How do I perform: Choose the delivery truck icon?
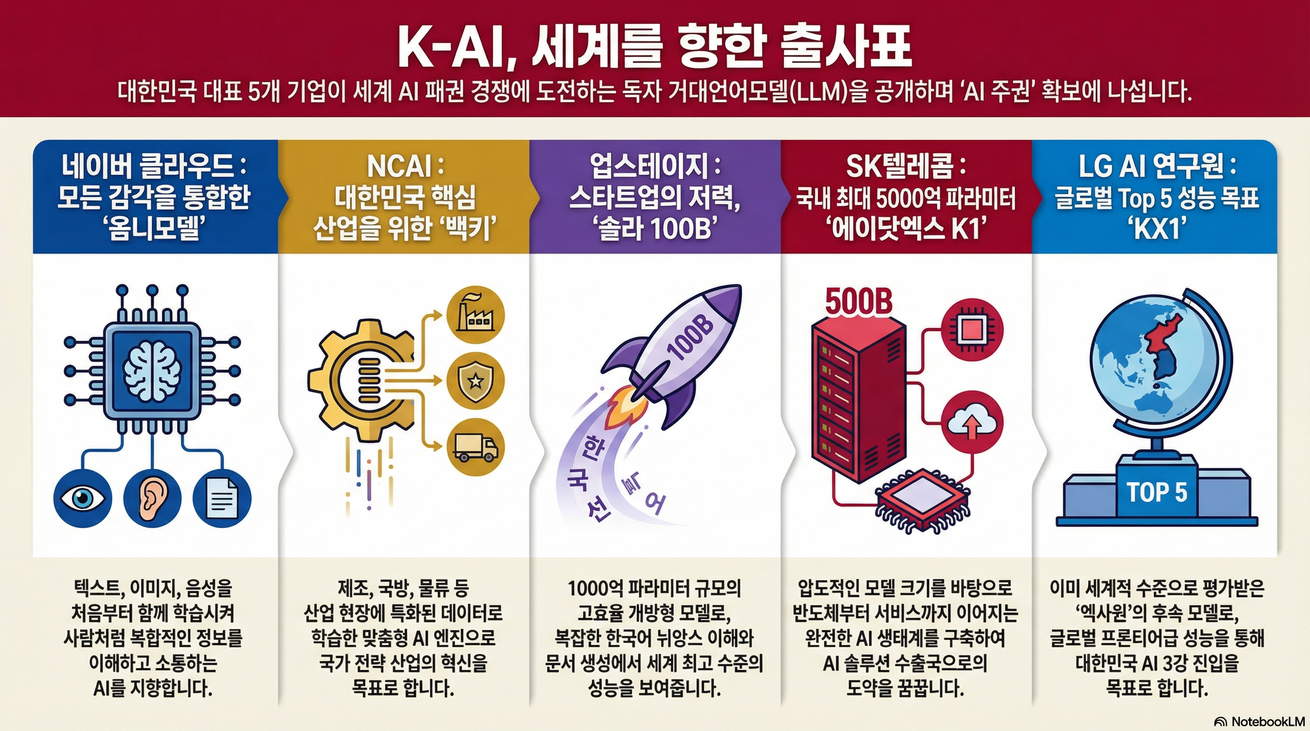pyautogui.click(x=475, y=447)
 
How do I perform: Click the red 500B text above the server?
pyautogui.click(x=858, y=301)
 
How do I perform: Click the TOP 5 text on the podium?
pyautogui.click(x=1156, y=492)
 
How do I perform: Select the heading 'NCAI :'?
pyautogui.click(x=405, y=167)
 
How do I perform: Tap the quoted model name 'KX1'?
pyautogui.click(x=1156, y=229)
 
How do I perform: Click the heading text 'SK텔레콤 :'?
pyautogui.click(x=906, y=167)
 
